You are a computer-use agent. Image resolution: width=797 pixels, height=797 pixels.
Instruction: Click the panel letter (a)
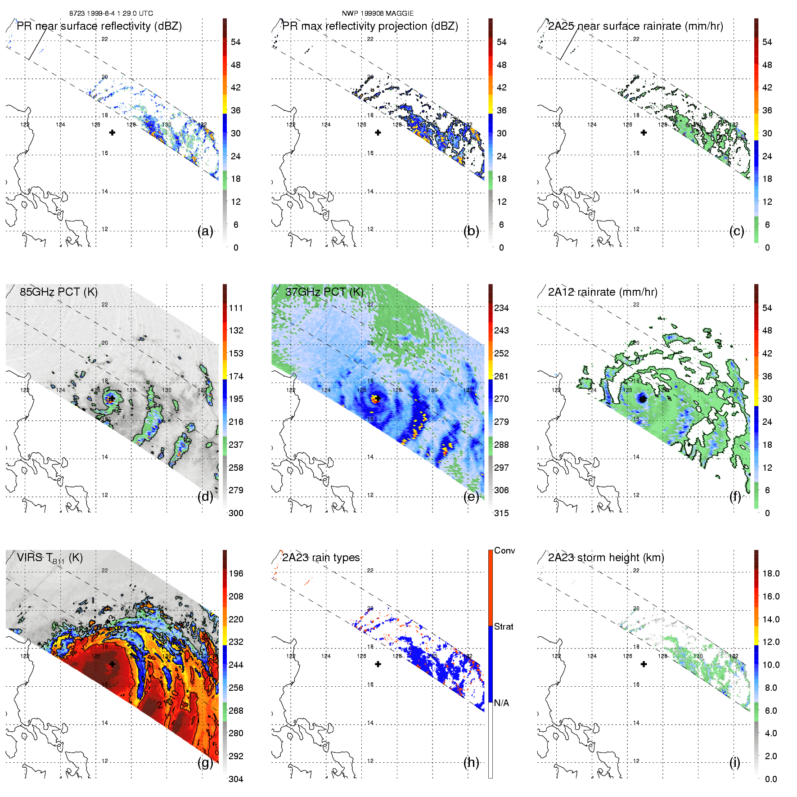205,231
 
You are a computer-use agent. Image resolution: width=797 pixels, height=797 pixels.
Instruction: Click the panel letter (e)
471,497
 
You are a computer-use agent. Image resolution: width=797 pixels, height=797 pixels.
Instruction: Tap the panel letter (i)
734,762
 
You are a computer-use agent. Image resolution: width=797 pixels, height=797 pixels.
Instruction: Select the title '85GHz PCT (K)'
59,292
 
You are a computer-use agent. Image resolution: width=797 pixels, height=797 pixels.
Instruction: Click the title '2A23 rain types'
321,558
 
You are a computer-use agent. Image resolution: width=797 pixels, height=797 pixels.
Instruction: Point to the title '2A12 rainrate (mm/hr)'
603,292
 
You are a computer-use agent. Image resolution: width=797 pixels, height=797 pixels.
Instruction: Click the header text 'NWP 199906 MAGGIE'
378,14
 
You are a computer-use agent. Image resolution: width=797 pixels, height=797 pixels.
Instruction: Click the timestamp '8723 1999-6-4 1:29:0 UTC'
111,14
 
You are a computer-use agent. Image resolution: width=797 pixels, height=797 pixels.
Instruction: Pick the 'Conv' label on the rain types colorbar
504,550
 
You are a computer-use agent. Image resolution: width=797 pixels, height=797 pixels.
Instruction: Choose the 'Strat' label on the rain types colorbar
504,626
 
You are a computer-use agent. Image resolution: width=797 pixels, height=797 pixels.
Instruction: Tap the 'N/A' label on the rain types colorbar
501,703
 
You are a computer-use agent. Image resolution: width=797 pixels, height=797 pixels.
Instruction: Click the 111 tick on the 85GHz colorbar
236,308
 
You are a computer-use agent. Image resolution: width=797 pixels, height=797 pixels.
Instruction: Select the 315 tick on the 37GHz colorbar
501,513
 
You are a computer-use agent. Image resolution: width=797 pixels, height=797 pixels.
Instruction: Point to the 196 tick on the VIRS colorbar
236,573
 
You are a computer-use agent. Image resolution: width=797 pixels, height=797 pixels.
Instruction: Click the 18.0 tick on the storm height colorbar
771,573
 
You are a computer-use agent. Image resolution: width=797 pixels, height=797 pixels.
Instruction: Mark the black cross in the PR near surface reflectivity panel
112,132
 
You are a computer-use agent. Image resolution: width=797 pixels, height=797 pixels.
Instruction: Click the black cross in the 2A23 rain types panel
378,664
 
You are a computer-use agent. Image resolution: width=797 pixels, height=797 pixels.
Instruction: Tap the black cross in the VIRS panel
112,664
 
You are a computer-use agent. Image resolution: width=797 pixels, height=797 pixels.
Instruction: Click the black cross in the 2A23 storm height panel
644,664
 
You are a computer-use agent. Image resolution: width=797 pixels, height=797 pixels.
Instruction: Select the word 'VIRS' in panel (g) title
28,558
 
